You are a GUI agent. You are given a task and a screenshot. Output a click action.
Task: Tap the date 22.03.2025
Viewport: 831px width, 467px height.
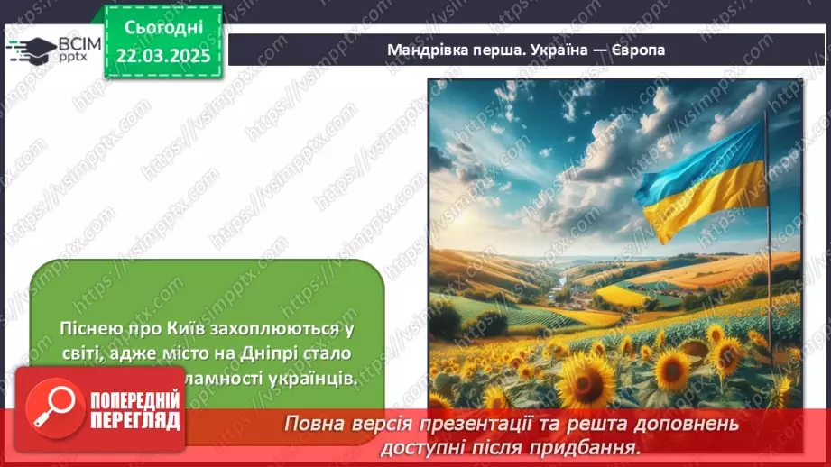pyautogui.click(x=163, y=56)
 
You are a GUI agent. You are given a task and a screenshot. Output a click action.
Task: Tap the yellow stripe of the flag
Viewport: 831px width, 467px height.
pyautogui.click(x=713, y=203)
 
